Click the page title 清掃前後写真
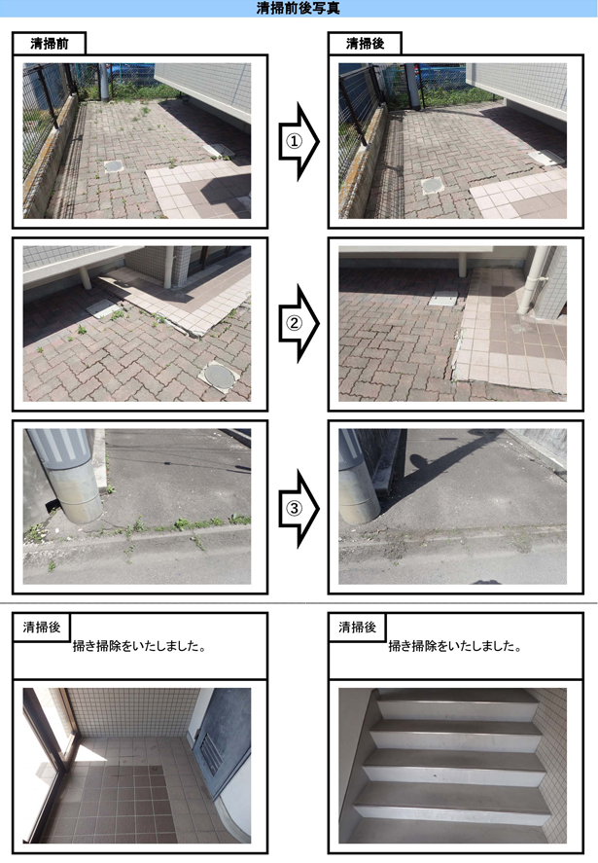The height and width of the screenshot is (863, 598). click(x=299, y=8)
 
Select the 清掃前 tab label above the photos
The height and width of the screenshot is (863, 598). click(x=50, y=44)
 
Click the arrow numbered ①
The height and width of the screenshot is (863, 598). click(x=299, y=141)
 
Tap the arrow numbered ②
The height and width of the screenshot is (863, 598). click(x=299, y=324)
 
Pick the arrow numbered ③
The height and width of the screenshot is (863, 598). click(x=299, y=508)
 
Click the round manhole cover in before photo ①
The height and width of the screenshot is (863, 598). click(x=114, y=165)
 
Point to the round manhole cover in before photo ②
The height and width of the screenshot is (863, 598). click(x=219, y=376)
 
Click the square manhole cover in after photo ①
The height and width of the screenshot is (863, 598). click(x=433, y=186)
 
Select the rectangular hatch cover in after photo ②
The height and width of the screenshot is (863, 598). click(x=443, y=299)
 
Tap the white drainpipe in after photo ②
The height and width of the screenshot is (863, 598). click(x=531, y=281)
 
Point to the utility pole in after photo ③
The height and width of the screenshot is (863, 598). click(x=358, y=476)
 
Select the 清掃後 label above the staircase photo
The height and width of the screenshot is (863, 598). click(x=357, y=627)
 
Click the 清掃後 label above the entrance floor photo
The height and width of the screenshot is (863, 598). click(x=41, y=627)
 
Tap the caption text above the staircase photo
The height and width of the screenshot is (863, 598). click(x=455, y=646)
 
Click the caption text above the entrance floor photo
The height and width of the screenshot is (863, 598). click(x=139, y=646)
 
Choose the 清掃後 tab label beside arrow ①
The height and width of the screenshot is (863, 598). click(x=366, y=44)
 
